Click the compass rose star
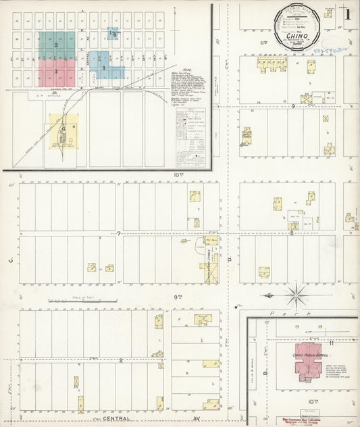click(x=296, y=295)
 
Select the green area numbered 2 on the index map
click(x=57, y=46)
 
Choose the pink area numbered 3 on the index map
click(x=57, y=70)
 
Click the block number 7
click(x=118, y=234)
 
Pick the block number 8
click(x=292, y=233)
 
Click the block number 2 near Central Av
click(x=120, y=360)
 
